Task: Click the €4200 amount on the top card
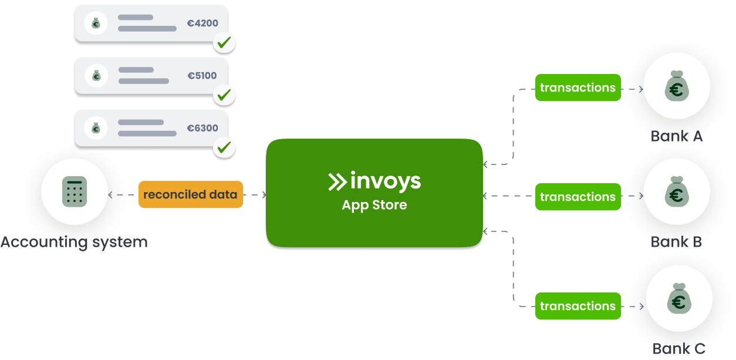202,24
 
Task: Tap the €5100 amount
202,76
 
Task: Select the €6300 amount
202,127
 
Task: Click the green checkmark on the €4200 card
224,43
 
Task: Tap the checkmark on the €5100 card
224,95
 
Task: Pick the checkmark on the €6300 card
224,147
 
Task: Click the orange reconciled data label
191,194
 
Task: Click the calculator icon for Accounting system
75,191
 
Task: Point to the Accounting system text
74,242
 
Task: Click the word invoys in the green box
385,181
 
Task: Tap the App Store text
374,206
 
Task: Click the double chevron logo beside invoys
337,181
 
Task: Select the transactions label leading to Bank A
578,88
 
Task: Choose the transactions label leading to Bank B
578,197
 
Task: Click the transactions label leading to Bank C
578,306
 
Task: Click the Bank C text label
678,349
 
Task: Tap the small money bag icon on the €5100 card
96,75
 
